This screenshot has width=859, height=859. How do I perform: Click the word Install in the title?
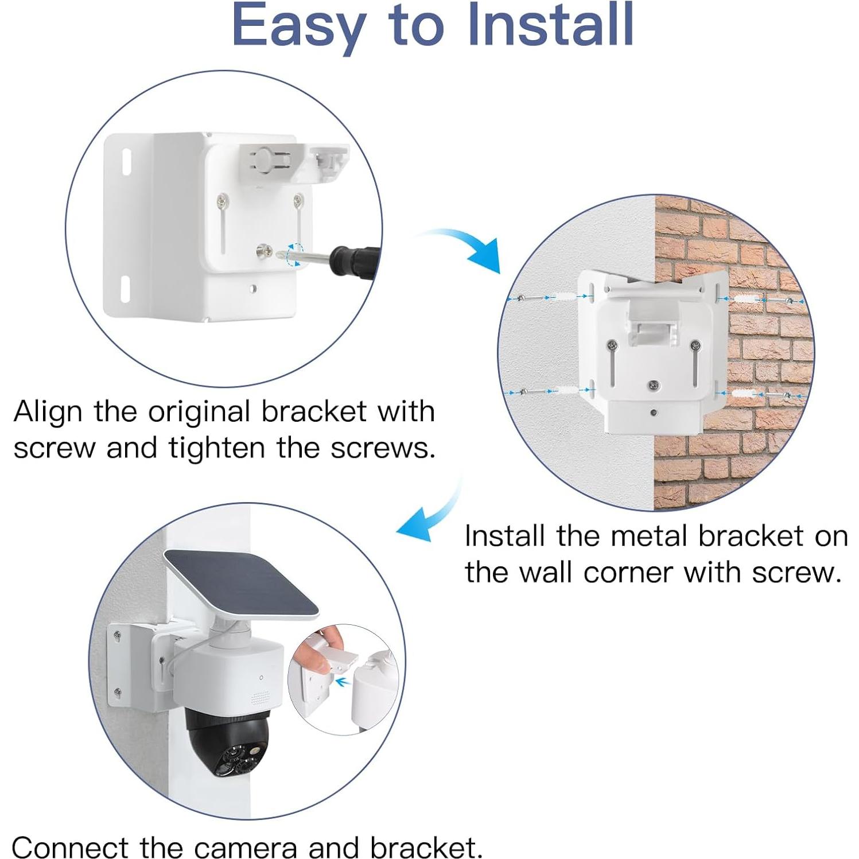551,26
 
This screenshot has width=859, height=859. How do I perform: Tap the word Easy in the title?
298,26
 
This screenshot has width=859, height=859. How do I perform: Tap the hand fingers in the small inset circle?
327,648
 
